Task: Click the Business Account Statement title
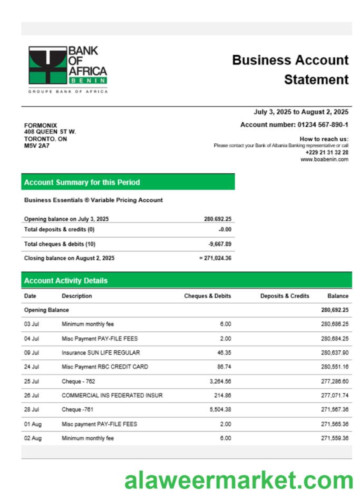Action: [290, 70]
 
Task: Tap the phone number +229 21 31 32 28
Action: [327, 152]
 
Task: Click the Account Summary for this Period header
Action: [82, 182]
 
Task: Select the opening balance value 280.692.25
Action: [218, 219]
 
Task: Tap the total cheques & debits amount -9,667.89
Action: [219, 244]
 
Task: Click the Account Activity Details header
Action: [66, 281]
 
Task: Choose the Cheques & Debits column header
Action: [207, 296]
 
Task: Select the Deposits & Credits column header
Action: [285, 296]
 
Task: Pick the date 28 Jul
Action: [32, 409]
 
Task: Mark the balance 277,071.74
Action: [335, 395]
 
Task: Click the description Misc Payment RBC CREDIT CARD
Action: [104, 367]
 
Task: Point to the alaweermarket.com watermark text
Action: [238, 481]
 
